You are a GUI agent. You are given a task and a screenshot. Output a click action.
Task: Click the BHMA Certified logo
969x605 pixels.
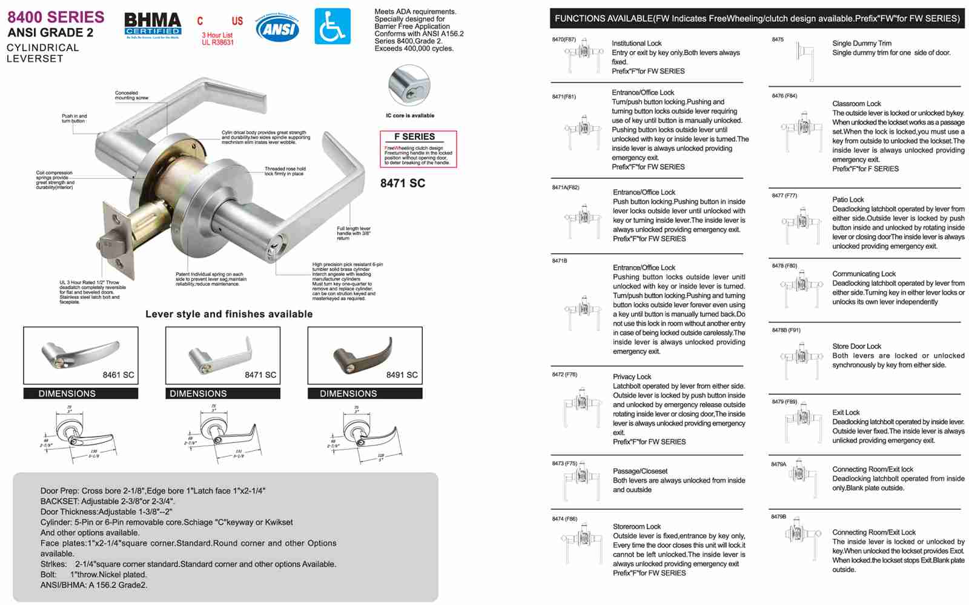[x=153, y=25]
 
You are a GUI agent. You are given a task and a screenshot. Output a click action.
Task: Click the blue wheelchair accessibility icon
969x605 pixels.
[x=332, y=26]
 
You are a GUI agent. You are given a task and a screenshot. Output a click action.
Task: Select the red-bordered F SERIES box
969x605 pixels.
[x=418, y=149]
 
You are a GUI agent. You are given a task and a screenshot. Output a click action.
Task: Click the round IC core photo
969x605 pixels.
[x=409, y=86]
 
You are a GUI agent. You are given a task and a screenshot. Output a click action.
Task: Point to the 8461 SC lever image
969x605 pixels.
[x=81, y=355]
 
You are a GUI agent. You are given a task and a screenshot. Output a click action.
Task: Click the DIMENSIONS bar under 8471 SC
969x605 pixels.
[x=223, y=393]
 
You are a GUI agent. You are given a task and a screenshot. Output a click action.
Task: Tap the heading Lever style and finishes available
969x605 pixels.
[x=229, y=314]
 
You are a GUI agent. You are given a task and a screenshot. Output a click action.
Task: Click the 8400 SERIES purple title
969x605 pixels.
[x=56, y=17]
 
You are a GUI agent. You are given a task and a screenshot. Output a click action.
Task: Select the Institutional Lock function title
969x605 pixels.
[x=637, y=44]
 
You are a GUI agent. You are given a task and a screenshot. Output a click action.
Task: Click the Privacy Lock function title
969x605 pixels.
[x=632, y=376]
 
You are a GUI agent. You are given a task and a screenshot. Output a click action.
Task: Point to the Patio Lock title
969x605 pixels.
[x=848, y=199]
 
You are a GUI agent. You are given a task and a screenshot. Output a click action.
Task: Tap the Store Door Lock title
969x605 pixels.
[x=856, y=346]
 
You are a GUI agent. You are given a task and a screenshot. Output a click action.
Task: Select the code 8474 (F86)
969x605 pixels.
[x=564, y=519]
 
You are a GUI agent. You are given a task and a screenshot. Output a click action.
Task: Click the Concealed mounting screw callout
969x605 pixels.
[x=131, y=95]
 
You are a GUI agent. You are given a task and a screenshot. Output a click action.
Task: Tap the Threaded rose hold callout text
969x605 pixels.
[x=285, y=171]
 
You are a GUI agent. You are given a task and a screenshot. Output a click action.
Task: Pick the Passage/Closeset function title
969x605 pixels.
[x=640, y=471]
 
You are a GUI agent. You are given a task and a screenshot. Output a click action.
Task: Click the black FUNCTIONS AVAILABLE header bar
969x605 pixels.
[x=756, y=18]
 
